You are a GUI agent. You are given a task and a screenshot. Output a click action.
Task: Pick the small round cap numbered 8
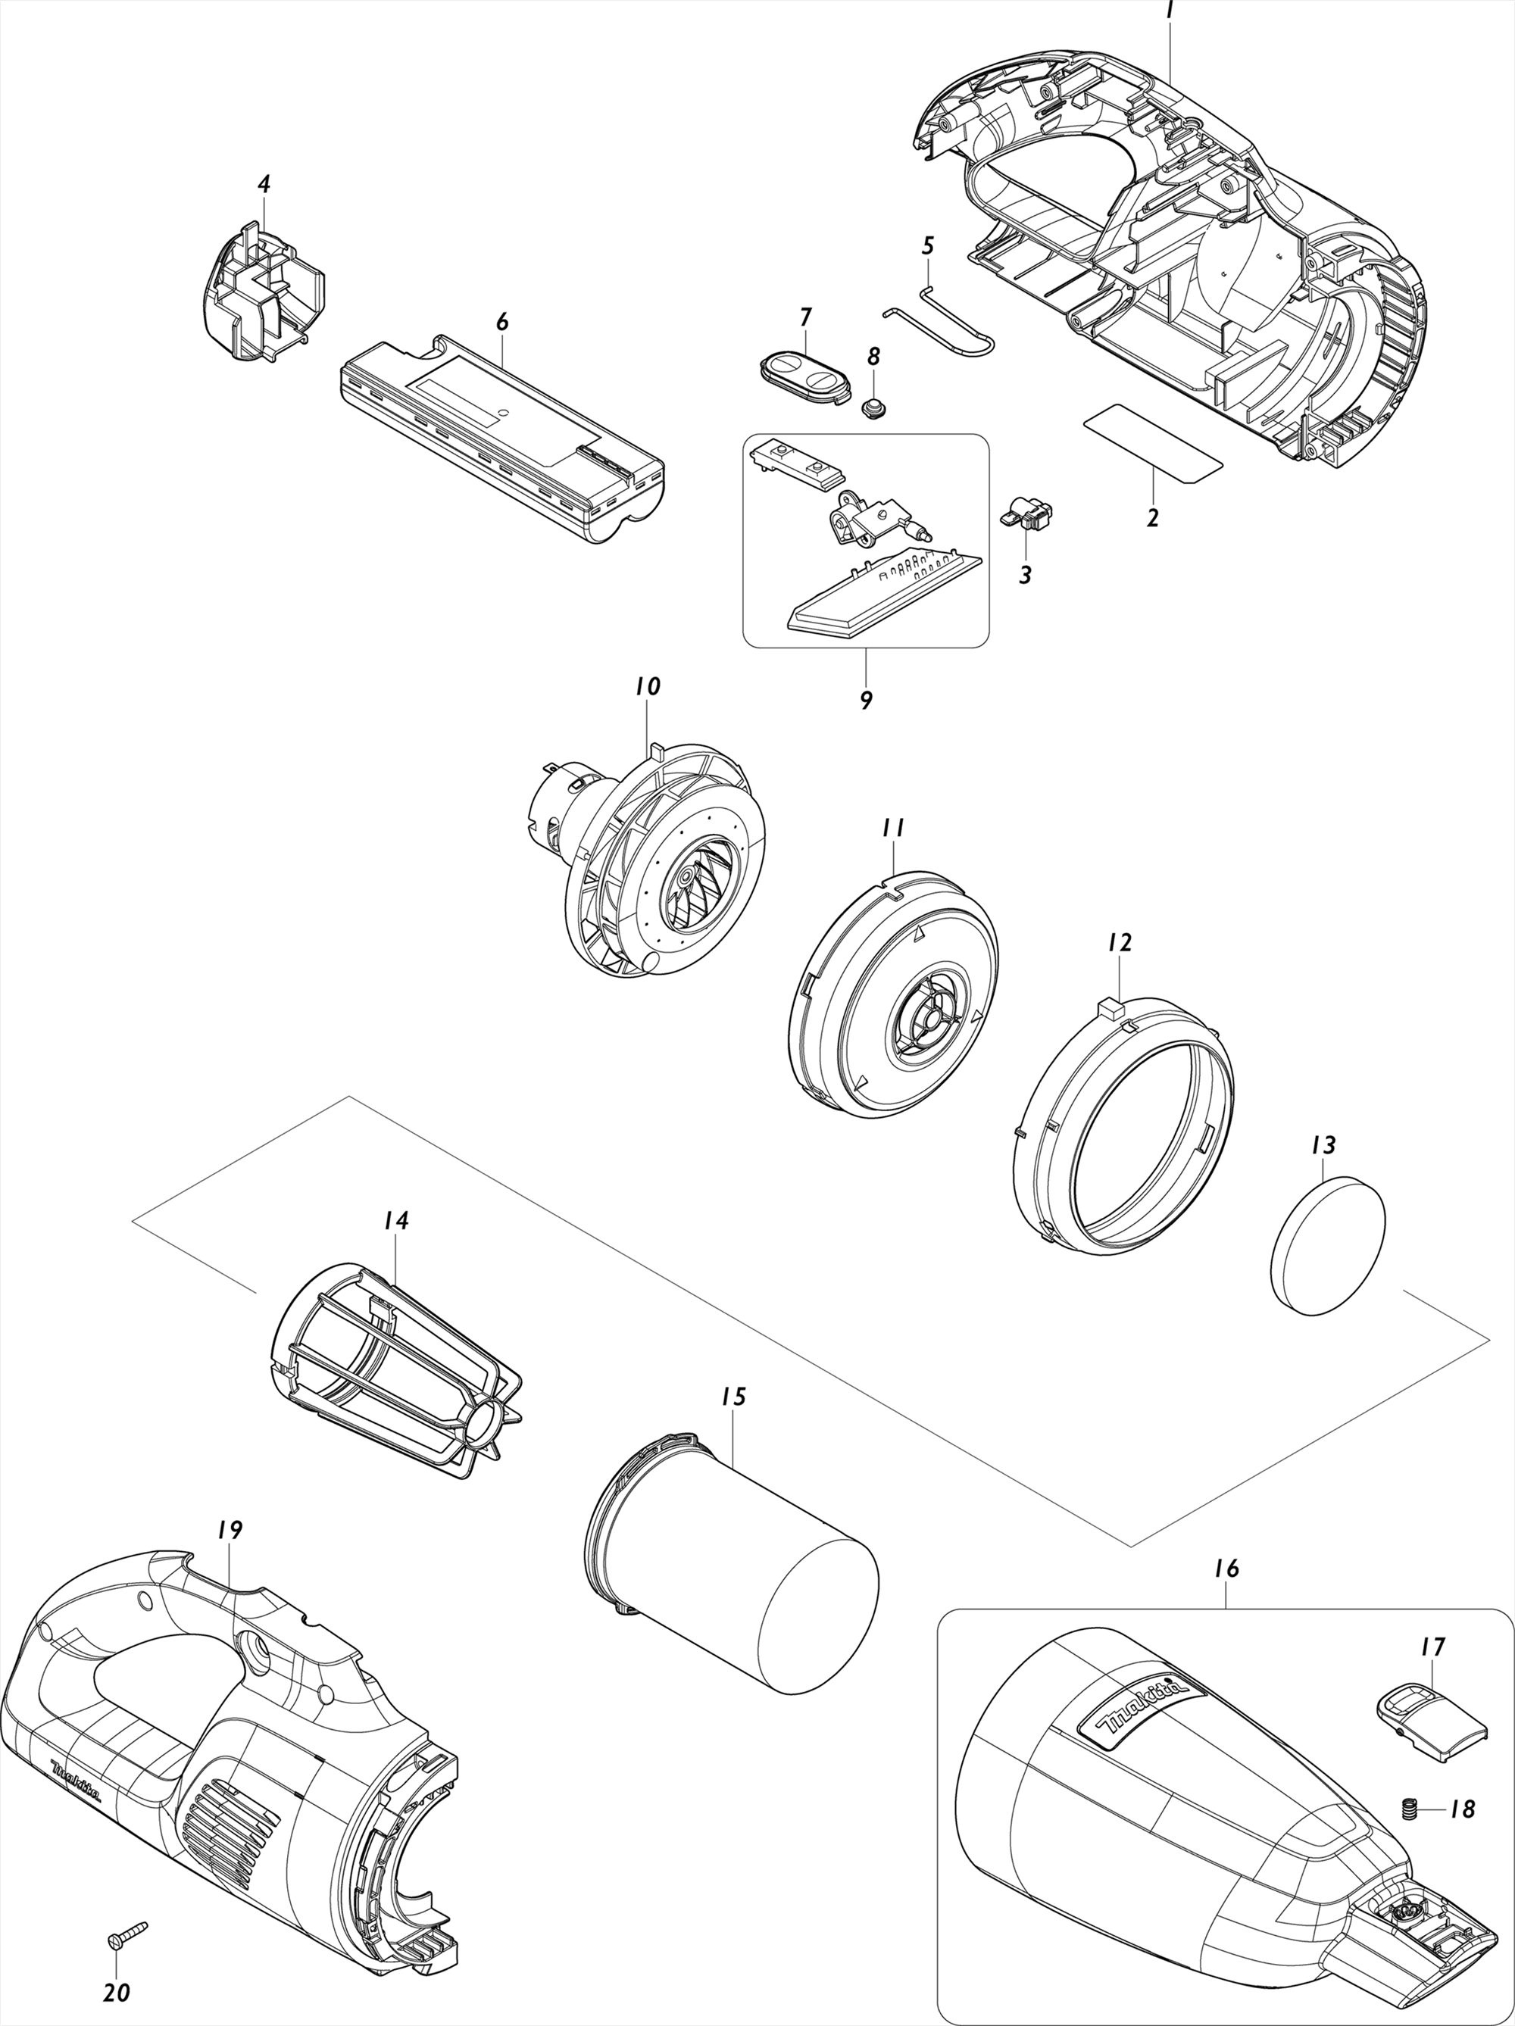tap(876, 405)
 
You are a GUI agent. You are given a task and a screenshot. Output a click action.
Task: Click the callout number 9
tap(866, 700)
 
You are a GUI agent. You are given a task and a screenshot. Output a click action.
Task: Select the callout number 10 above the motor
tap(647, 686)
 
